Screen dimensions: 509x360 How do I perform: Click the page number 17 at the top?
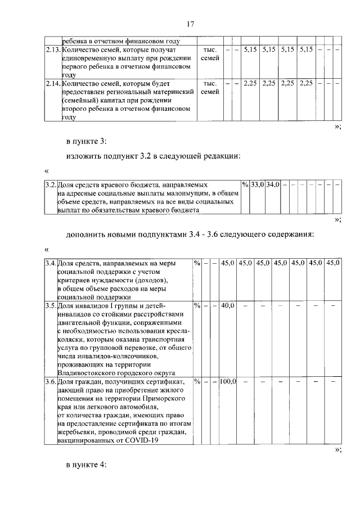pyautogui.click(x=190, y=24)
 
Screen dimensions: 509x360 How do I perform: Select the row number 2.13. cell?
pyautogui.click(x=53, y=50)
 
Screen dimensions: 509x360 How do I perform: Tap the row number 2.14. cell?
pyautogui.click(x=53, y=83)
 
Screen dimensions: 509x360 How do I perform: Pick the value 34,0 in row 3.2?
pyautogui.click(x=273, y=184)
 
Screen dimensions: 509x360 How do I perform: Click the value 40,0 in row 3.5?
pyautogui.click(x=228, y=305)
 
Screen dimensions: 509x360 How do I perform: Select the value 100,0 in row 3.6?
pyautogui.click(x=228, y=381)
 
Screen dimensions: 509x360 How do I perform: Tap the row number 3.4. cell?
pyautogui.click(x=51, y=263)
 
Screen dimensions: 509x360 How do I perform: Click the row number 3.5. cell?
pyautogui.click(x=51, y=305)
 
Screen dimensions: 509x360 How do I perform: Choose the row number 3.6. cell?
pyautogui.click(x=51, y=381)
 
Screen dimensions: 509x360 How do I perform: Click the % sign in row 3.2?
pyautogui.click(x=245, y=184)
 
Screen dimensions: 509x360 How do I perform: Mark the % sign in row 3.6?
pyautogui.click(x=196, y=381)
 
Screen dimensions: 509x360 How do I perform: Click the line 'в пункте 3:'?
pyautogui.click(x=86, y=141)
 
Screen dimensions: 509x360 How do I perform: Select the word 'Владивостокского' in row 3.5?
pyautogui.click(x=85, y=373)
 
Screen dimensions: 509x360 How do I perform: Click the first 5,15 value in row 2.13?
pyautogui.click(x=250, y=50)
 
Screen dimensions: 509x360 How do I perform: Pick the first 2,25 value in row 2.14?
pyautogui.click(x=250, y=83)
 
